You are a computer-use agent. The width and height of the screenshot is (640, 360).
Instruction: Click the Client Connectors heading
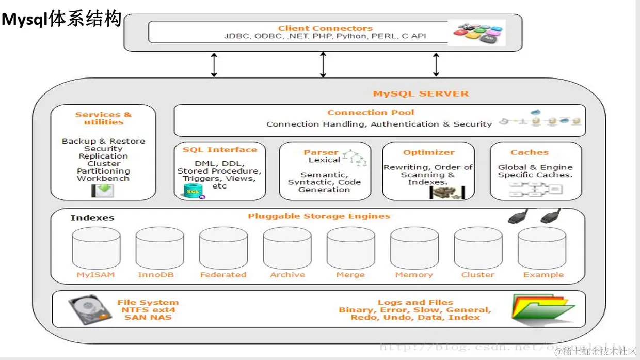(325, 28)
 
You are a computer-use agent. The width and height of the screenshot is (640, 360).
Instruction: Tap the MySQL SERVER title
(421, 93)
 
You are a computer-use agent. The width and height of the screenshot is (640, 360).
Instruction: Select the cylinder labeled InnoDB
(160, 247)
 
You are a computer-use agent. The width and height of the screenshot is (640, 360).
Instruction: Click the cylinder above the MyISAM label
(97, 247)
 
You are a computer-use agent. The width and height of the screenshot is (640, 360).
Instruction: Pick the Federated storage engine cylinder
(223, 247)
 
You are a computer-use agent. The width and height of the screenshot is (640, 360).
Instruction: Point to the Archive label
(287, 275)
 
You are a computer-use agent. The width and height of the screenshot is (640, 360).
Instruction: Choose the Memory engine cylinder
(414, 247)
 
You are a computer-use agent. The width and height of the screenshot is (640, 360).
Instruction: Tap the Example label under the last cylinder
(543, 275)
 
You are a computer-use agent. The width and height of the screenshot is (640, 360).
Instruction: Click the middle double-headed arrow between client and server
(323, 64)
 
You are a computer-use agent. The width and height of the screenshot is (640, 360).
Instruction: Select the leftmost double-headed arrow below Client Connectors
(214, 64)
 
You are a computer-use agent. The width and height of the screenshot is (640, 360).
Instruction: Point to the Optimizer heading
(429, 152)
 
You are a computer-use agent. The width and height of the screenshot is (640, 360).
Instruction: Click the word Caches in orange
(530, 152)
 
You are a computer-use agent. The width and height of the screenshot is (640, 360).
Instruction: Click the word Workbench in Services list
(103, 179)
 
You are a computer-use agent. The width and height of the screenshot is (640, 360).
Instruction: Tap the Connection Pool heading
(371, 113)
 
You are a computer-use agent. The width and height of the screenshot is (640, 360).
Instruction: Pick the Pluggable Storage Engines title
(319, 216)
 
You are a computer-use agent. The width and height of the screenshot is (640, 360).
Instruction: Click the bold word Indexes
(92, 218)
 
